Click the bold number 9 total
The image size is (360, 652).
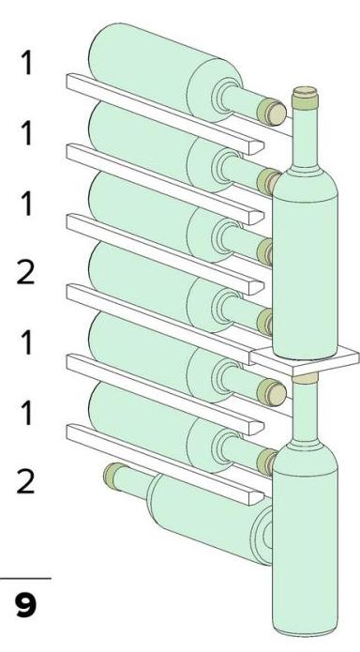point(25,605)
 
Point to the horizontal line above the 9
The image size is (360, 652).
point(25,578)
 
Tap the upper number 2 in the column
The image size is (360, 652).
point(25,273)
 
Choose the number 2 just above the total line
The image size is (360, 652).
point(25,482)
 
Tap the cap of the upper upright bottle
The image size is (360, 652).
point(305,99)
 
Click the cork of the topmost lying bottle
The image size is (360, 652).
point(272,113)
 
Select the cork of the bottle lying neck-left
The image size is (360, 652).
point(112,475)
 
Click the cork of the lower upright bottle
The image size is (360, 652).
point(305,378)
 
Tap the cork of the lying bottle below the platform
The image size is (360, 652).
point(272,392)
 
